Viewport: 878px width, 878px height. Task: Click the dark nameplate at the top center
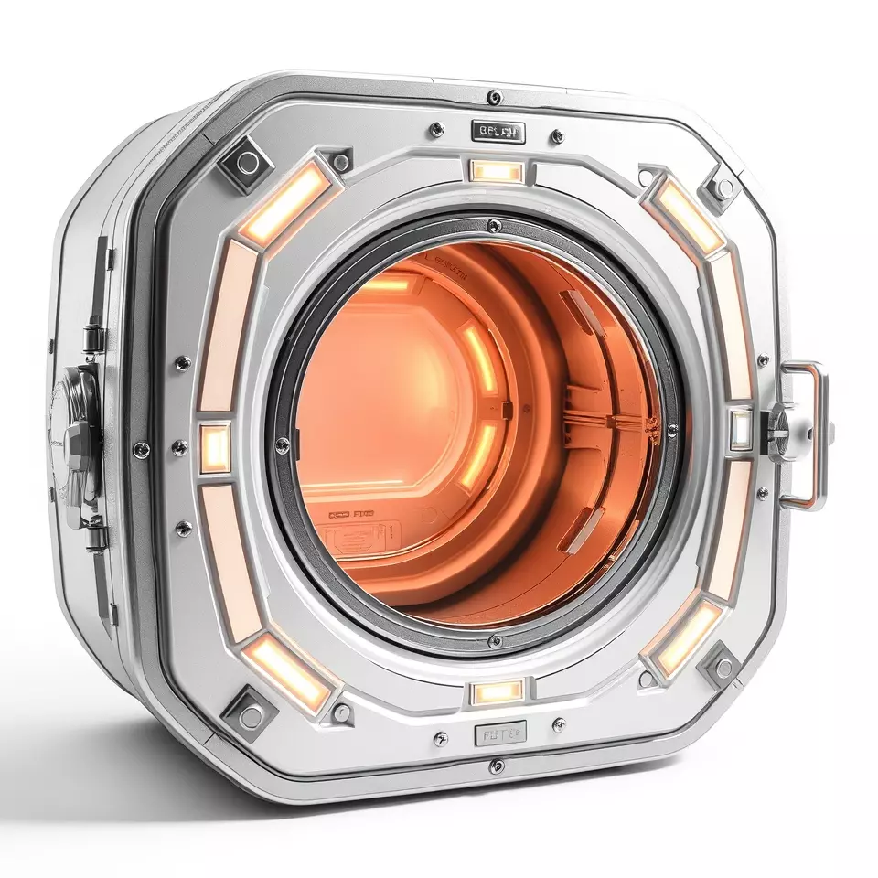click(x=498, y=132)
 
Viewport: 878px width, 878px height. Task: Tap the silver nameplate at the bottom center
click(x=499, y=733)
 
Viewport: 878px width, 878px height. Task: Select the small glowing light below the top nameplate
click(x=497, y=171)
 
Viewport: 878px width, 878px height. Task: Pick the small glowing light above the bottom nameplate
click(x=498, y=692)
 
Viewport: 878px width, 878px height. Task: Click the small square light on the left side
click(x=216, y=447)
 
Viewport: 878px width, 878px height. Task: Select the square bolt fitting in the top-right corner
click(x=723, y=188)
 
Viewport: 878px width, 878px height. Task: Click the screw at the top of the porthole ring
click(x=494, y=225)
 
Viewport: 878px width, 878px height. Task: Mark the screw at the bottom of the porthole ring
click(x=494, y=639)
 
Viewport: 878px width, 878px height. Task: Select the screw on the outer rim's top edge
click(x=494, y=96)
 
